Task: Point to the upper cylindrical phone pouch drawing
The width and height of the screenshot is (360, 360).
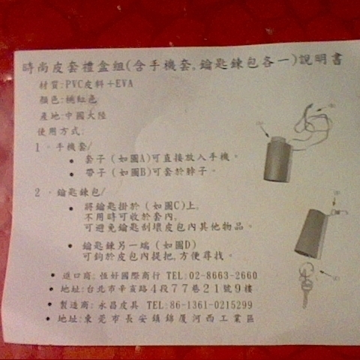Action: (277, 158)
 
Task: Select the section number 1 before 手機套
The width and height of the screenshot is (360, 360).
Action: (37, 146)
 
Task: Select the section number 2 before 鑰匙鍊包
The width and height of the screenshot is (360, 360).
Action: (37, 191)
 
